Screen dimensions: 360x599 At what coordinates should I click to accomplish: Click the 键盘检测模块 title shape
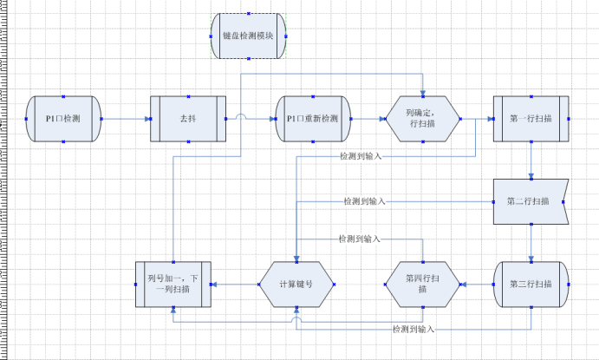pyautogui.click(x=248, y=36)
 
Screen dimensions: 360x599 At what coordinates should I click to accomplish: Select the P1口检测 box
pyautogui.click(x=63, y=118)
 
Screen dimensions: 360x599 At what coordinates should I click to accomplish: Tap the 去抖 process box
pyautogui.click(x=187, y=118)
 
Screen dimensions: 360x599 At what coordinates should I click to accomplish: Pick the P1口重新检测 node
pyautogui.click(x=312, y=118)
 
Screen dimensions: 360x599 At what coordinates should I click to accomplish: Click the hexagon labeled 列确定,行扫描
pyautogui.click(x=422, y=118)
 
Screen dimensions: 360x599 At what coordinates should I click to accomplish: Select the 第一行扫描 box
pyautogui.click(x=531, y=118)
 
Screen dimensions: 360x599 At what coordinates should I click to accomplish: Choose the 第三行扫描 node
pyautogui.click(x=531, y=284)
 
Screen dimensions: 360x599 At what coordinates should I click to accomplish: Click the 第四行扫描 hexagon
pyautogui.click(x=422, y=284)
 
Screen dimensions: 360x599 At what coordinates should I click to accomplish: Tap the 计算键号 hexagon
pyautogui.click(x=296, y=284)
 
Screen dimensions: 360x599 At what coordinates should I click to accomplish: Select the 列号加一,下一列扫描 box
pyautogui.click(x=173, y=284)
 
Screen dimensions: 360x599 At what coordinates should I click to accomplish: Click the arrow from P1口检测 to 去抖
pyautogui.click(x=126, y=118)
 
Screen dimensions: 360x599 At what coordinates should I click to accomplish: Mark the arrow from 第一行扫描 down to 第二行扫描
pyautogui.click(x=531, y=160)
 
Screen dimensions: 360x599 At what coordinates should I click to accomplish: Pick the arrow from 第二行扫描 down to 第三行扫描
pyautogui.click(x=531, y=242)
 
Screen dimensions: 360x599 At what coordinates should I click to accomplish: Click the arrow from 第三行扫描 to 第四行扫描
pyautogui.click(x=476, y=284)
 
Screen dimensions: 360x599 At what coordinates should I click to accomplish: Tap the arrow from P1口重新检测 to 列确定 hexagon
pyautogui.click(x=367, y=118)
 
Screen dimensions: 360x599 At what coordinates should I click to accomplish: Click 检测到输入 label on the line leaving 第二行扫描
pyautogui.click(x=364, y=201)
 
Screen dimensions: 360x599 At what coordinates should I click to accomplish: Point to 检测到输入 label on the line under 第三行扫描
pyautogui.click(x=413, y=330)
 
